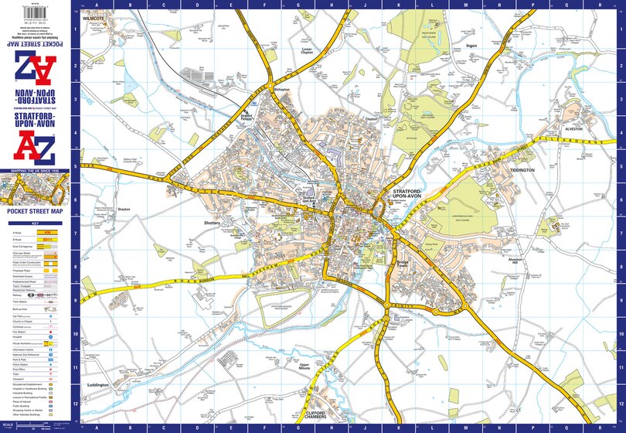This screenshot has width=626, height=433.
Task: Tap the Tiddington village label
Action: tap(522, 169)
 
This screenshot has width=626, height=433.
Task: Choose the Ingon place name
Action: tap(473, 46)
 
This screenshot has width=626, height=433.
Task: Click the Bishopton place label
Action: tap(281, 90)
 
